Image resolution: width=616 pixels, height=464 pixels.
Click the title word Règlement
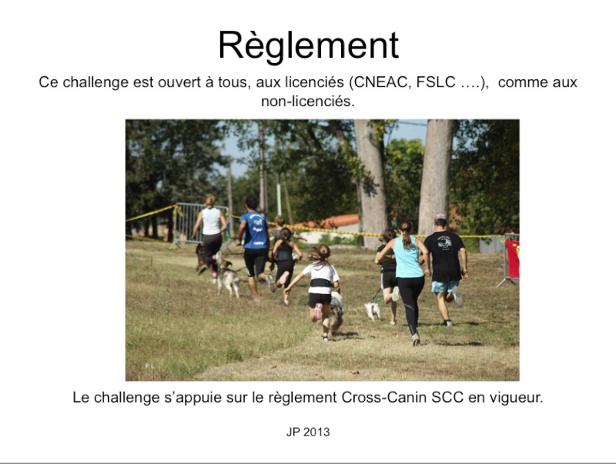pos(309,46)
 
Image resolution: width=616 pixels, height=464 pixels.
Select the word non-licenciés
pos(308,102)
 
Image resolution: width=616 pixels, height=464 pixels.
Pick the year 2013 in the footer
pos(316,432)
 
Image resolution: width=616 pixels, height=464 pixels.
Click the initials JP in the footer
pos(293,432)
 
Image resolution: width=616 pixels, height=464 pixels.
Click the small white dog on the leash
pos(372,310)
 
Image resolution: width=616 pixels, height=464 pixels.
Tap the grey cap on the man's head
pos(440,217)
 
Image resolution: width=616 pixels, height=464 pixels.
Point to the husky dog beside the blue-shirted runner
pos(227,277)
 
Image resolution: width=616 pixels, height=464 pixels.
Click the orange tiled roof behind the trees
pos(330,222)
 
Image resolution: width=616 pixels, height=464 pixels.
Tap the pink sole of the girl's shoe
pos(318,312)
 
